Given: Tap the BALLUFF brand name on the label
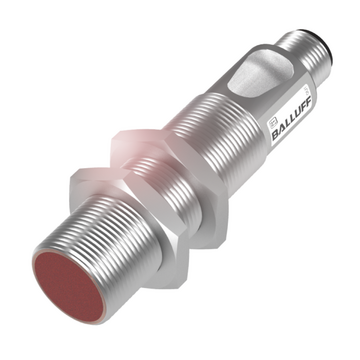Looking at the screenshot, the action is pyautogui.click(x=292, y=118).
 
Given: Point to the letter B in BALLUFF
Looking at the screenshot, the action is pyautogui.click(x=276, y=134).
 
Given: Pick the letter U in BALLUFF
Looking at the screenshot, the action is pyautogui.click(x=298, y=112).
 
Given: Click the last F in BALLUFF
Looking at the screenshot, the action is pyautogui.click(x=309, y=101).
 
